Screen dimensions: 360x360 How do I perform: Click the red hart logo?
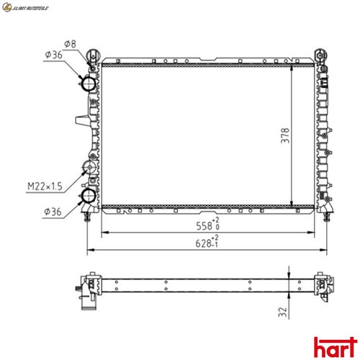(x=336, y=347)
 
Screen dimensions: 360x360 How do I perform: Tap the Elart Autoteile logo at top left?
(x=25, y=7)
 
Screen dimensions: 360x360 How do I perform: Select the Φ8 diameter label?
(x=70, y=44)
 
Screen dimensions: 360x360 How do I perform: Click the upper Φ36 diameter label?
(x=53, y=55)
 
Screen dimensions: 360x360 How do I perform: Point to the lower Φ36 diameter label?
(x=53, y=212)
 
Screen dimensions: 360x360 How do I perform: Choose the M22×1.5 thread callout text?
(x=45, y=186)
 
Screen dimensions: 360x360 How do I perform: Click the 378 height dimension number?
(x=285, y=136)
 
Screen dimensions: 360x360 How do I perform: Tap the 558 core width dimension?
(x=207, y=224)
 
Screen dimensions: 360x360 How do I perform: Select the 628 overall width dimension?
(x=207, y=242)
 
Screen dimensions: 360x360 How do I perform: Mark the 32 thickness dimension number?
(x=283, y=312)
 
